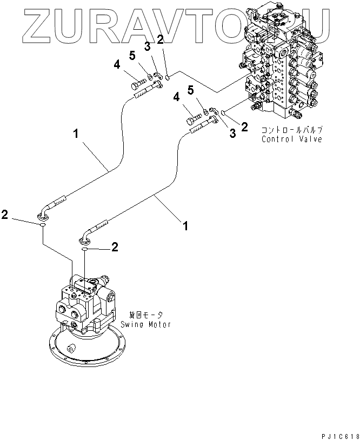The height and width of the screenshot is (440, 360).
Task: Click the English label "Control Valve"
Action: tap(291, 139)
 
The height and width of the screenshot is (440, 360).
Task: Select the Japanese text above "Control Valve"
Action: tap(292, 130)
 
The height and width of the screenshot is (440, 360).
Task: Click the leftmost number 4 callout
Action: tap(116, 65)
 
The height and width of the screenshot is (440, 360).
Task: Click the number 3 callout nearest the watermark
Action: tap(146, 46)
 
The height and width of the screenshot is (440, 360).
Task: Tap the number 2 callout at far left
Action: tap(5, 215)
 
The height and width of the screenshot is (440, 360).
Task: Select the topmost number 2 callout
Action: tap(159, 39)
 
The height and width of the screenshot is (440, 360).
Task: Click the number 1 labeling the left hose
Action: tap(77, 132)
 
